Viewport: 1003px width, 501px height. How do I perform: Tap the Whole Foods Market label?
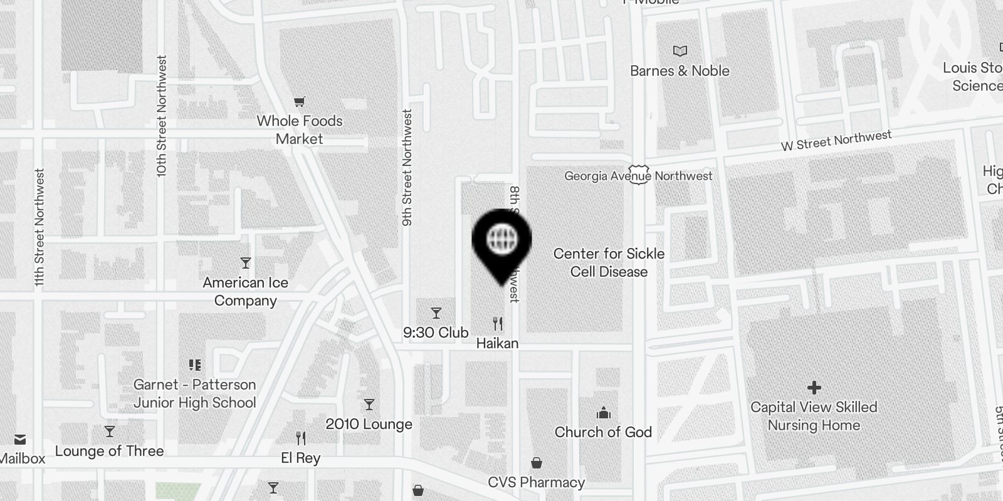click(x=300, y=130)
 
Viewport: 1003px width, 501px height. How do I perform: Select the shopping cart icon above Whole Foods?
click(x=300, y=101)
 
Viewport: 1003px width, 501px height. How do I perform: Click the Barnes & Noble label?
click(x=680, y=71)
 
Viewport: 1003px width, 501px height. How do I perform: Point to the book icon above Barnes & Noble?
click(x=680, y=51)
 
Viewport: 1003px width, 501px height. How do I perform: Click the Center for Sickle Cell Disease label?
click(x=609, y=262)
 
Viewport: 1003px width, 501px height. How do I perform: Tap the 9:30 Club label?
click(x=436, y=333)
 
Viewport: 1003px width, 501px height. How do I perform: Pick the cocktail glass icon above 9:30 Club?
click(x=436, y=312)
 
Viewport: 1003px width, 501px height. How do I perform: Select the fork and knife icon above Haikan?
click(x=498, y=324)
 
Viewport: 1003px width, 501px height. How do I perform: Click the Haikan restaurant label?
click(x=498, y=343)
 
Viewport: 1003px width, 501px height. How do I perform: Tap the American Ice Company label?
click(x=245, y=291)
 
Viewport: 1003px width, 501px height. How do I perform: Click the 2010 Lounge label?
click(x=369, y=424)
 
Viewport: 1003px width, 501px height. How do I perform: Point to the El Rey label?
click(x=301, y=458)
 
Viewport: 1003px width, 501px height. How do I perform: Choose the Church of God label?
click(x=603, y=432)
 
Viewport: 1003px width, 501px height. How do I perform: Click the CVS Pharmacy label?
click(x=537, y=482)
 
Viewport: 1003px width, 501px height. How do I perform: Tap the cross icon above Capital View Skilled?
click(x=814, y=388)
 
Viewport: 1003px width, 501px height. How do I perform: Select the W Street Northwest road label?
click(x=836, y=140)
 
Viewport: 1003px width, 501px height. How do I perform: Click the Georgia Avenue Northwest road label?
click(x=638, y=176)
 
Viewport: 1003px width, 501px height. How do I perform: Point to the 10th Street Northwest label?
click(x=162, y=116)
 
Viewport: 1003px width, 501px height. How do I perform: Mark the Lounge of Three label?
click(x=109, y=451)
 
